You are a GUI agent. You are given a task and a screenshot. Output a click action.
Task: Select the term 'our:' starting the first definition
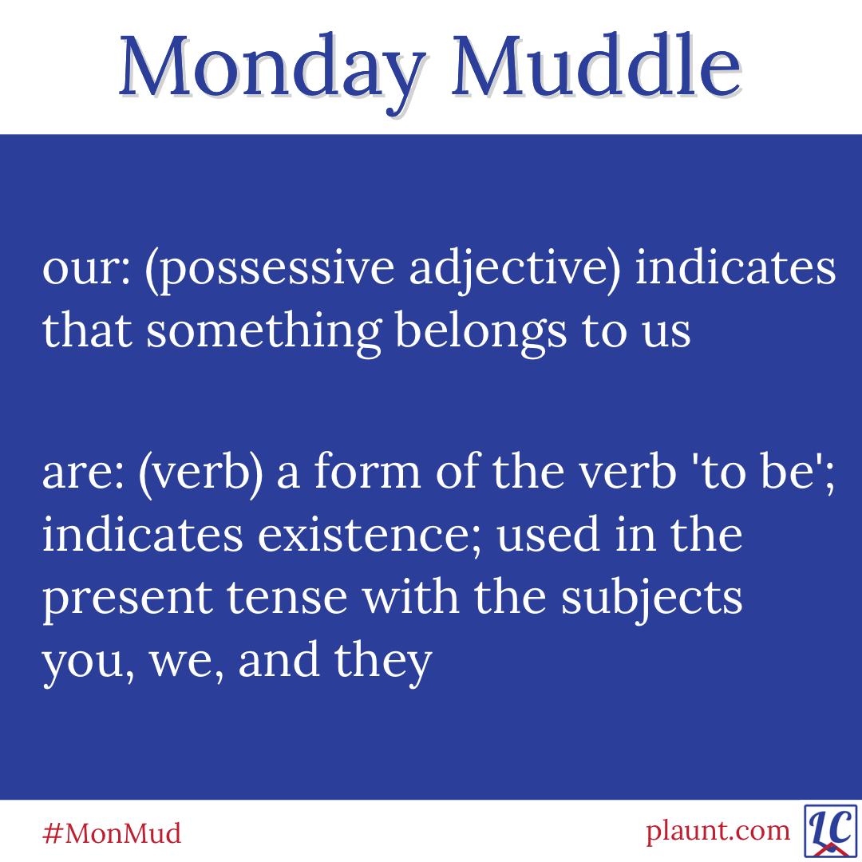(87, 269)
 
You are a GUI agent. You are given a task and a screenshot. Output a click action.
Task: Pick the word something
(263, 333)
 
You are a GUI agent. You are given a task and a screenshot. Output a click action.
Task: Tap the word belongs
(480, 333)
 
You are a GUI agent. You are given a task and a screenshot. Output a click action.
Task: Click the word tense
(287, 598)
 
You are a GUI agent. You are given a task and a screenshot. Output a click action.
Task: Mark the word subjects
(652, 598)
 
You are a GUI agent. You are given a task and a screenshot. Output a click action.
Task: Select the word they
(383, 662)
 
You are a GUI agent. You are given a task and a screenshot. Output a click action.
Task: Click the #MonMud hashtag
(112, 833)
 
